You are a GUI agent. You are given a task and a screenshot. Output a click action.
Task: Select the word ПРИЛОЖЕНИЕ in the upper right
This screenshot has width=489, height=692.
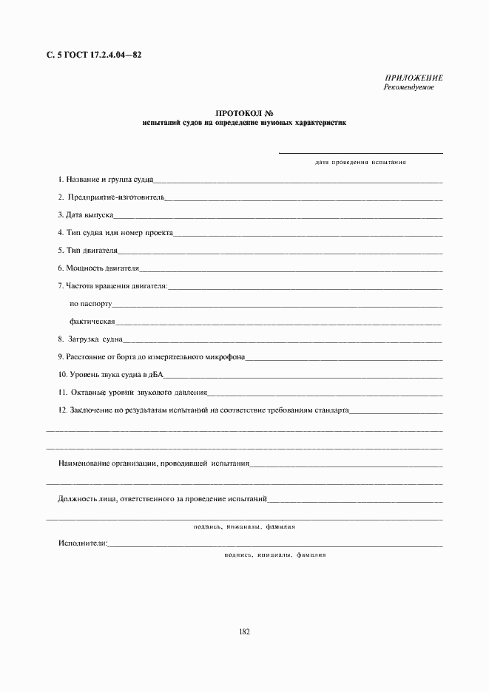point(414,78)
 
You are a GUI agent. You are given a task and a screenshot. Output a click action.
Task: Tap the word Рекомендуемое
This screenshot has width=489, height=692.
point(408,87)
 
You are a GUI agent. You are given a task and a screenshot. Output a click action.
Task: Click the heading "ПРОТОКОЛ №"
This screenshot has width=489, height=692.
point(244,113)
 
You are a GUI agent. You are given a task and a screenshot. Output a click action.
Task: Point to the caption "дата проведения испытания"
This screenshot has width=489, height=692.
point(360,161)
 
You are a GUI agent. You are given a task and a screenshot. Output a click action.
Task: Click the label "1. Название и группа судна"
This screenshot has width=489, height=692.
point(106,180)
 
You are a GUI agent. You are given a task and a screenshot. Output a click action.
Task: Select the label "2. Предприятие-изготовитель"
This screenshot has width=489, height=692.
point(111,197)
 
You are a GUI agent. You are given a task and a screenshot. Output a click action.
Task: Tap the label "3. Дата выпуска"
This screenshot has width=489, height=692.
point(86,215)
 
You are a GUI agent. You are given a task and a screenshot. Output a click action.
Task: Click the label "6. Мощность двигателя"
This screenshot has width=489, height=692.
point(98,268)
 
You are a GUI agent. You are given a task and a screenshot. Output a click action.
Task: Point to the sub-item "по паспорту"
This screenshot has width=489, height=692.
point(90,304)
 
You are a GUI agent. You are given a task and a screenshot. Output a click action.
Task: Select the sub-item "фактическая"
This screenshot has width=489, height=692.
point(92,322)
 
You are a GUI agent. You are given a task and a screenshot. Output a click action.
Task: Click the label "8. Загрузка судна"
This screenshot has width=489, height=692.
point(90,339)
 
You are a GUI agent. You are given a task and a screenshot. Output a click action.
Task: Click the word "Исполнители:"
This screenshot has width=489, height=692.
point(83,544)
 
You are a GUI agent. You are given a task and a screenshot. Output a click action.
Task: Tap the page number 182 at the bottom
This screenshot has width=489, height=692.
point(244,632)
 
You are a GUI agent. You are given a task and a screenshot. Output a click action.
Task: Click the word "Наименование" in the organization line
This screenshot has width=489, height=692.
point(84,464)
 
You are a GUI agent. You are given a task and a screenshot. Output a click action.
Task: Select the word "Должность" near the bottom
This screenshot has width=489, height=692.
point(75,499)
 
